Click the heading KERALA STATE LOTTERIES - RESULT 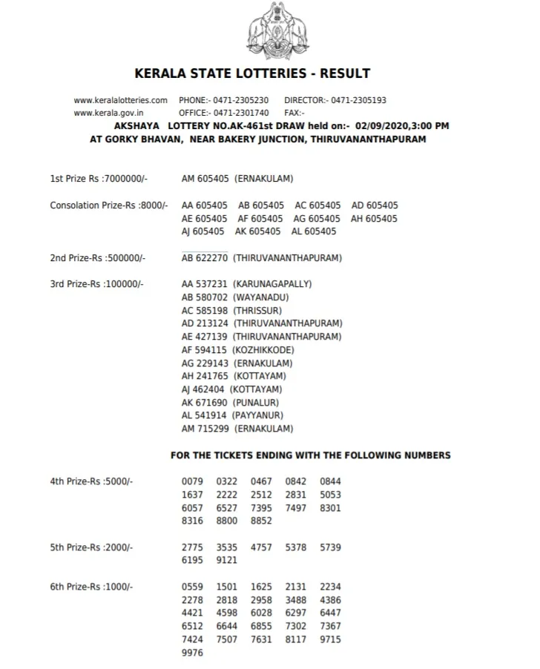252,73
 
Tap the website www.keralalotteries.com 121,100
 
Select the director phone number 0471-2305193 358,100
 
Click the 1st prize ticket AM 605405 205,179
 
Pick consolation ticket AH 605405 374,219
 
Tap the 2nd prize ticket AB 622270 205,258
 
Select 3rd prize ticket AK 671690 205,403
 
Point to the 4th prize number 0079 192,481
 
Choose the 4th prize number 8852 261,521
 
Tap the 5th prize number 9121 227,561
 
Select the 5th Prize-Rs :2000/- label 91,547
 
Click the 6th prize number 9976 192,653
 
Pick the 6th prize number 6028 261,613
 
